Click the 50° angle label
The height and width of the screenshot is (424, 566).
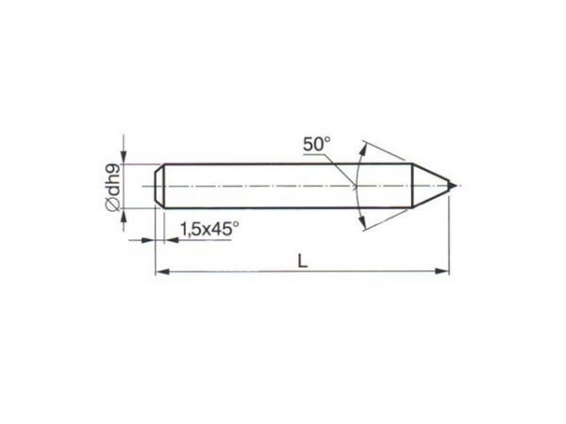[316, 144]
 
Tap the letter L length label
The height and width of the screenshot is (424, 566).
[303, 261]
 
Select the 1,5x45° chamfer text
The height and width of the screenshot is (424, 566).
[209, 229]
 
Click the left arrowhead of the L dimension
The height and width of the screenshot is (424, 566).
[162, 271]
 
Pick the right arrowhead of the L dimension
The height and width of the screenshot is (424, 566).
[442, 271]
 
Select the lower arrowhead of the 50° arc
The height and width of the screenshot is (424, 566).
[363, 221]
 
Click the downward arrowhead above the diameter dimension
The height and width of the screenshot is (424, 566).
[124, 156]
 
